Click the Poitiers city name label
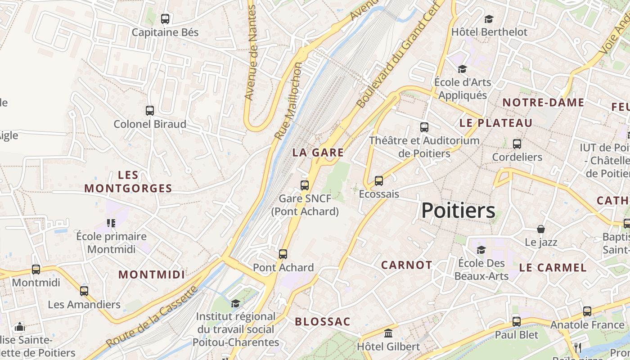click(458, 211)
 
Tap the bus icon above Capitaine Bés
click(165, 19)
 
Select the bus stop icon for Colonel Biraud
click(150, 111)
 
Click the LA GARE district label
click(318, 153)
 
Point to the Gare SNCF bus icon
click(305, 185)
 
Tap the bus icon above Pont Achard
click(283, 254)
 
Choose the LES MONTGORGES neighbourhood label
click(128, 181)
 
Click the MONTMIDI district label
click(152, 274)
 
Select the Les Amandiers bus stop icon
click(84, 291)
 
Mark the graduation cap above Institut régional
click(235, 303)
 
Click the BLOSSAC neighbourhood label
click(322, 322)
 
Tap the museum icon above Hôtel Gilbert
click(388, 333)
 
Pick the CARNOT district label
click(407, 265)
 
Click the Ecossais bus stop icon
click(379, 181)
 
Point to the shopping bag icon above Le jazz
click(541, 229)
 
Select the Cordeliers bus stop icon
click(517, 144)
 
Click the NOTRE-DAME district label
click(543, 103)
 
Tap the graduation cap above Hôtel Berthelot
click(489, 19)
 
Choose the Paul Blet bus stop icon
click(517, 322)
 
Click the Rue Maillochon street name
click(288, 101)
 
